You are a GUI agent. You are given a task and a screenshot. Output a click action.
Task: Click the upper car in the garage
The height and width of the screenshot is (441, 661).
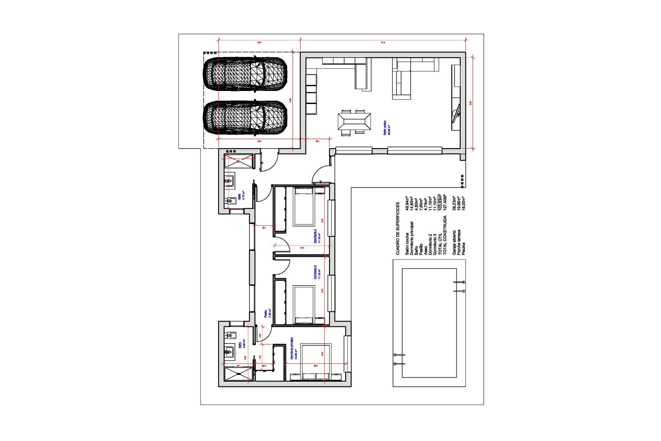pyautogui.click(x=245, y=75)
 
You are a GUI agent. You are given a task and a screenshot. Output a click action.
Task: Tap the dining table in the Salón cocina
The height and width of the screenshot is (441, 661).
pyautogui.click(x=354, y=122)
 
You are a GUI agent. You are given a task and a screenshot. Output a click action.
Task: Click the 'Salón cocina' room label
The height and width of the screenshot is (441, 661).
pyautogui.click(x=385, y=128)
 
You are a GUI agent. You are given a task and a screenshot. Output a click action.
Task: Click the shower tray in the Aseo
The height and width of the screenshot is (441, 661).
pyautogui.click(x=239, y=161)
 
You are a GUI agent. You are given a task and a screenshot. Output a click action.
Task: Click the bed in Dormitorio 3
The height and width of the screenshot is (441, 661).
pyautogui.click(x=303, y=206)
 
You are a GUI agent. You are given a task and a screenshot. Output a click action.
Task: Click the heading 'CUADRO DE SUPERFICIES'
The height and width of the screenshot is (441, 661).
pyautogui.click(x=397, y=228)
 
